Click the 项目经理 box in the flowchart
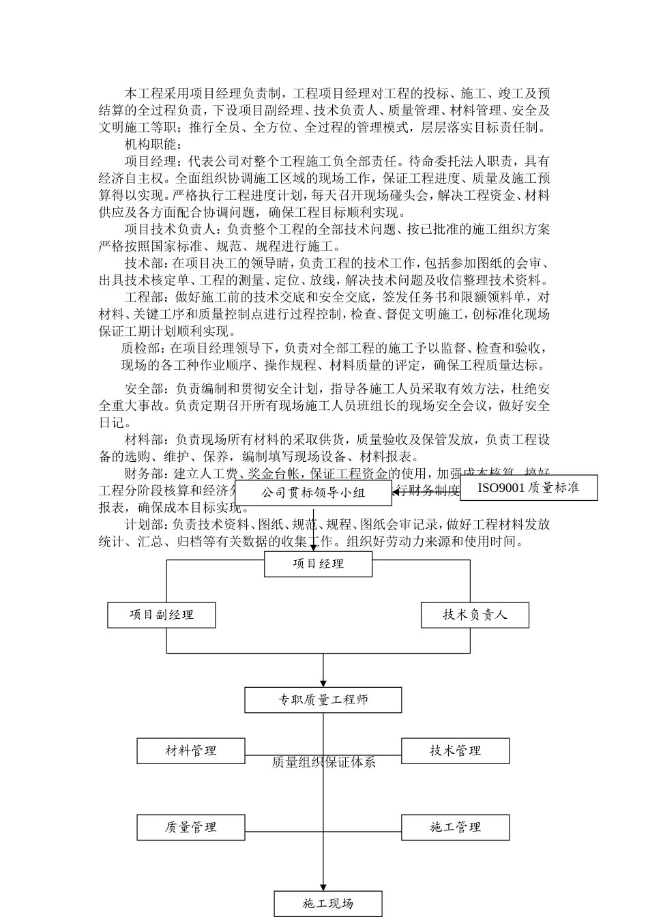[x=318, y=564]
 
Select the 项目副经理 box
[x=162, y=615]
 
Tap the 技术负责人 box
[x=475, y=615]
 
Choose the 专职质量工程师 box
[x=323, y=700]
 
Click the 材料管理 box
[x=191, y=751]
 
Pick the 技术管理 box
[x=455, y=751]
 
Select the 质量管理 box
[x=191, y=827]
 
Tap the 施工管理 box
[x=455, y=827]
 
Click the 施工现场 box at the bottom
[x=328, y=903]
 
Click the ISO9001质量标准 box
[x=529, y=488]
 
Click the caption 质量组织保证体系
[x=323, y=762]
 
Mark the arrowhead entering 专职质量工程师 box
[x=323, y=683]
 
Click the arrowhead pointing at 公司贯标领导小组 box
[x=396, y=492]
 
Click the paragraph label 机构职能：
[x=150, y=144]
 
